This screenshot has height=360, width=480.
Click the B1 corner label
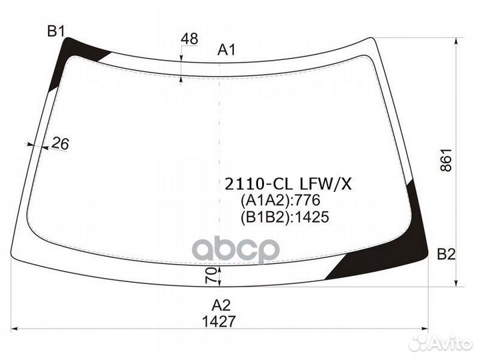[x=55, y=31]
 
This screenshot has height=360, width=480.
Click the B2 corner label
[x=445, y=253]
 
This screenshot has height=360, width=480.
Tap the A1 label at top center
[x=227, y=49]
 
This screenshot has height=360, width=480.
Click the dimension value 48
[x=189, y=39]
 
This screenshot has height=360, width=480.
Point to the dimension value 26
[x=61, y=143]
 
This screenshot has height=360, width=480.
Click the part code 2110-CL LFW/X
[x=286, y=185]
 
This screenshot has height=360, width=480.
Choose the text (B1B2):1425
[x=285, y=216]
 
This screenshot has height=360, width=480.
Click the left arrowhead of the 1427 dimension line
[x=16, y=328]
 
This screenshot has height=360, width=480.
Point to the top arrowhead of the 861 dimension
[x=457, y=41]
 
